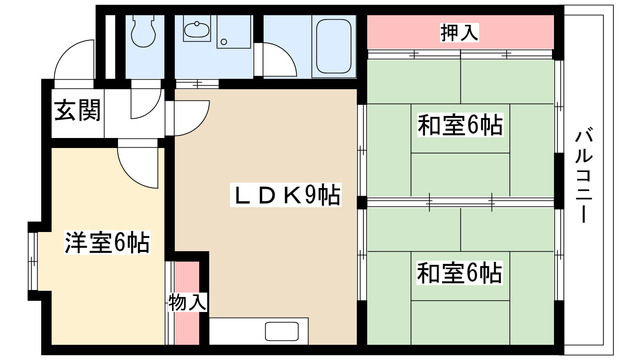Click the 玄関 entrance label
(76, 111)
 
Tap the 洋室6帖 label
(107, 241)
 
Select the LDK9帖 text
(288, 196)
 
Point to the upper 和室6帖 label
(459, 126)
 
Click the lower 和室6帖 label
(459, 271)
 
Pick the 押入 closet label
(459, 32)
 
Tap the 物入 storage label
(188, 300)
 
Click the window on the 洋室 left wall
(34, 260)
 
